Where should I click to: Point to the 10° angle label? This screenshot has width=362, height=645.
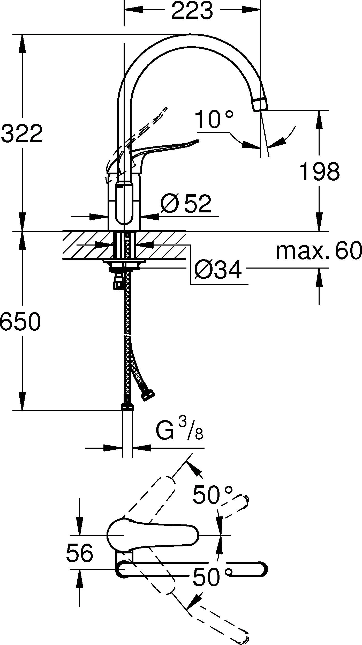tap(214, 120)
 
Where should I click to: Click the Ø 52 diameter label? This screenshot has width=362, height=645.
tap(186, 204)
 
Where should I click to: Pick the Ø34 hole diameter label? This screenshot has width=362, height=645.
tap(218, 270)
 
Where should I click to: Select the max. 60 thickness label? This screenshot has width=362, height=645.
tap(319, 250)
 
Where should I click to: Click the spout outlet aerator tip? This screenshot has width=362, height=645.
tap(261, 105)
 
